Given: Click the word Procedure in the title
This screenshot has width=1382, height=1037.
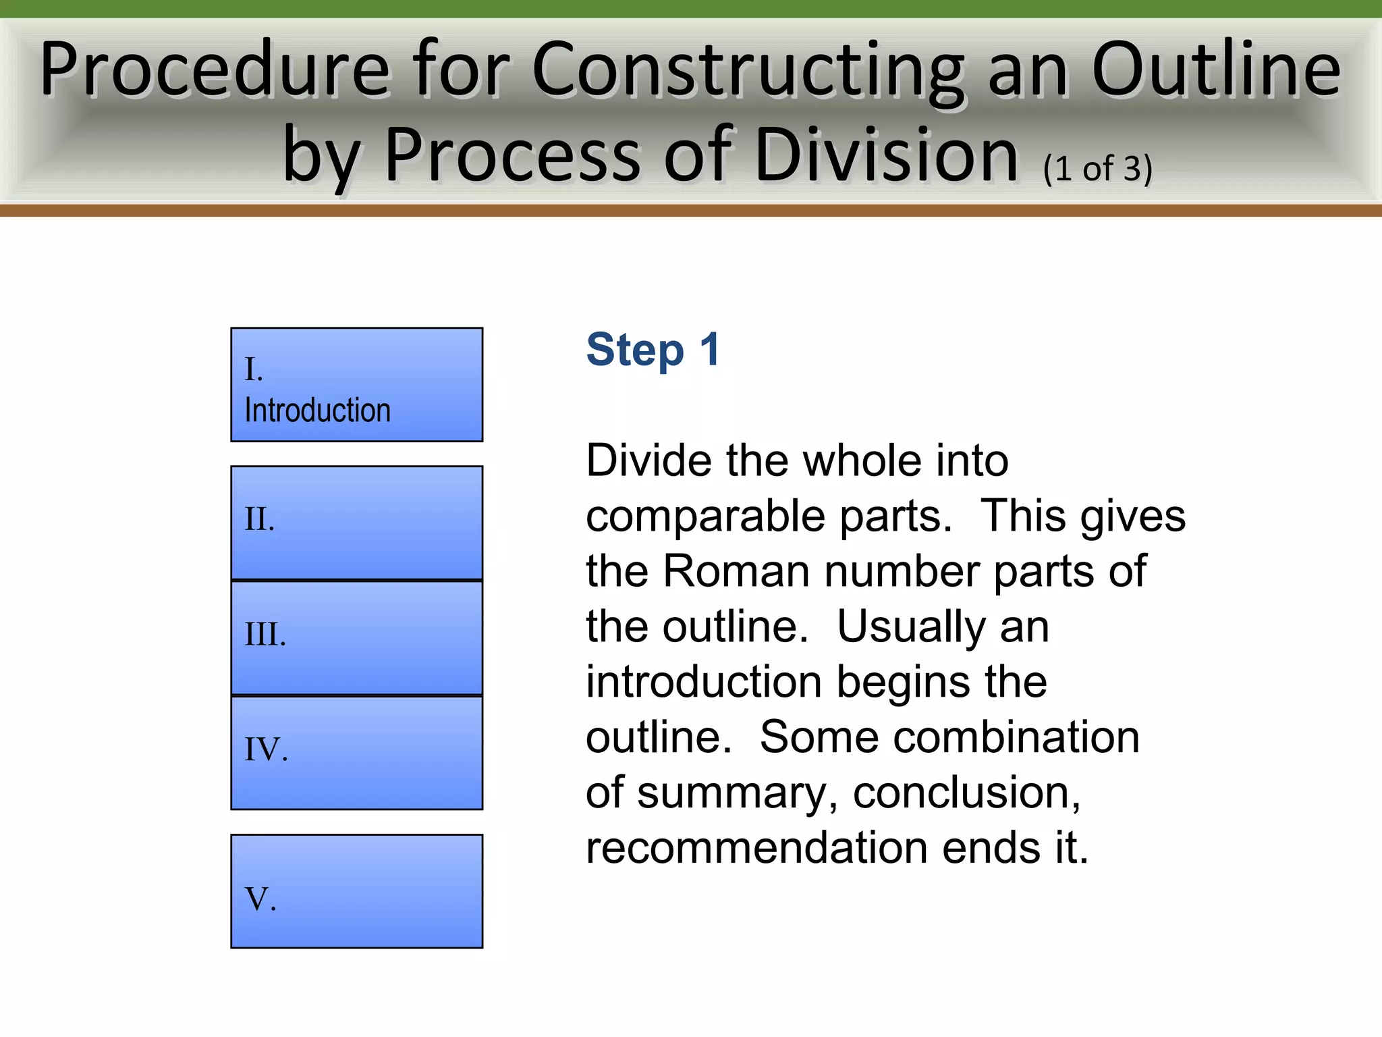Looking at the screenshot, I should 215,70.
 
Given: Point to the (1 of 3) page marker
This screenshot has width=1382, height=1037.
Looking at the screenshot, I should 1097,169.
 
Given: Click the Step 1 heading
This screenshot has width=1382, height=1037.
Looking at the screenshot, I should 653,350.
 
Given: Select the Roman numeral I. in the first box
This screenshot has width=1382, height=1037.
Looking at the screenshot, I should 254,369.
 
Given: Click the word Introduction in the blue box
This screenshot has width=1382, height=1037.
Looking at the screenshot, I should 317,410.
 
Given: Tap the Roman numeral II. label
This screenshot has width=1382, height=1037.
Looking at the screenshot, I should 260,519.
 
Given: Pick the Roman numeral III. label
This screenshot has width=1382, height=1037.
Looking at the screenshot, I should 265,635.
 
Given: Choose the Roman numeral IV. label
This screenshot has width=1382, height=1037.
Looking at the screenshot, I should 266,749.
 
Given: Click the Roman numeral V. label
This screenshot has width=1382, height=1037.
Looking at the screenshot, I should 260,899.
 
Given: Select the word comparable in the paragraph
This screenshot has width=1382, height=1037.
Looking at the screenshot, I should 705,517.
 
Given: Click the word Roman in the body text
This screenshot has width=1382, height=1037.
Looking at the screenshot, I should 736,572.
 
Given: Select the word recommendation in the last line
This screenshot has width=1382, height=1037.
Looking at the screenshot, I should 756,848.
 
